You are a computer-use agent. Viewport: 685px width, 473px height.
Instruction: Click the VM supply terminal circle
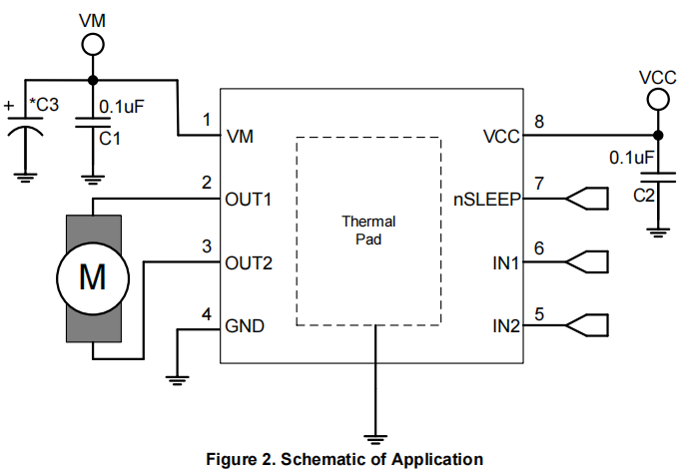tap(92, 43)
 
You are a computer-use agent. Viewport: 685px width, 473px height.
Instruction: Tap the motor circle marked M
tap(92, 277)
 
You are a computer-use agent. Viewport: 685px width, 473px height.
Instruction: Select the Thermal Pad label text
tap(368, 231)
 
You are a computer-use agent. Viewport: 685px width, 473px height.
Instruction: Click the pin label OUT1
tap(249, 200)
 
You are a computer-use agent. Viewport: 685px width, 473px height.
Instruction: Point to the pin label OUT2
tap(249, 263)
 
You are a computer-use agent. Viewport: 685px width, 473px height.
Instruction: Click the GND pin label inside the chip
tap(245, 326)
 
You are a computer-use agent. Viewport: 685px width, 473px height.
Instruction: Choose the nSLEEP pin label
tap(486, 200)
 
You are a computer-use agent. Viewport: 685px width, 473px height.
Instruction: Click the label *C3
tap(44, 105)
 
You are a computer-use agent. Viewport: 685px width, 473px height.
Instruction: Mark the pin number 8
tap(539, 122)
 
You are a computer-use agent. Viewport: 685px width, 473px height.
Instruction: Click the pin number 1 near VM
tap(206, 120)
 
